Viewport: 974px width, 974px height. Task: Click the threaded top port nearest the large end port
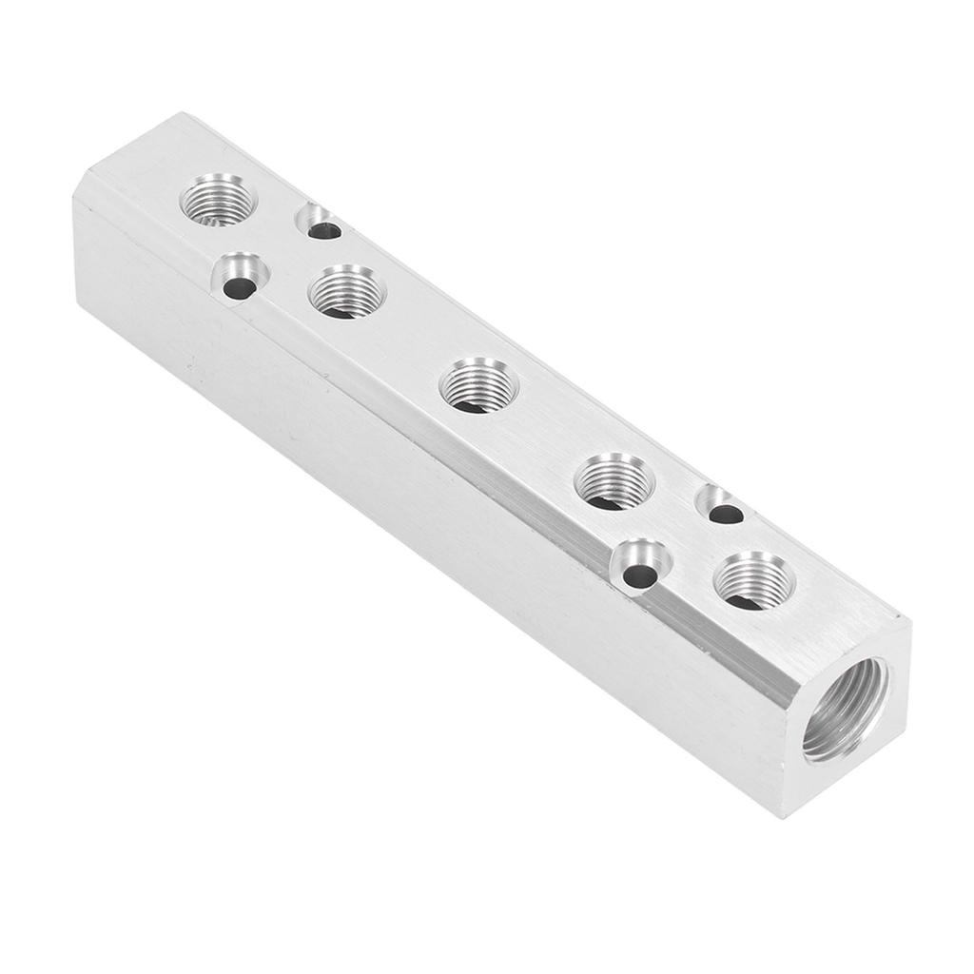tap(753, 580)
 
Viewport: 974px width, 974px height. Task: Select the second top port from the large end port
tap(614, 481)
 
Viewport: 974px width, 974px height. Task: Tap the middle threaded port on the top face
tap(478, 384)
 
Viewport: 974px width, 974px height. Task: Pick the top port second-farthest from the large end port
tap(347, 291)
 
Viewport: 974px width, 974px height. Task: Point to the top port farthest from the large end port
tap(218, 199)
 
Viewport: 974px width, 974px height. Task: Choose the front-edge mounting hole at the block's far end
tap(239, 278)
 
